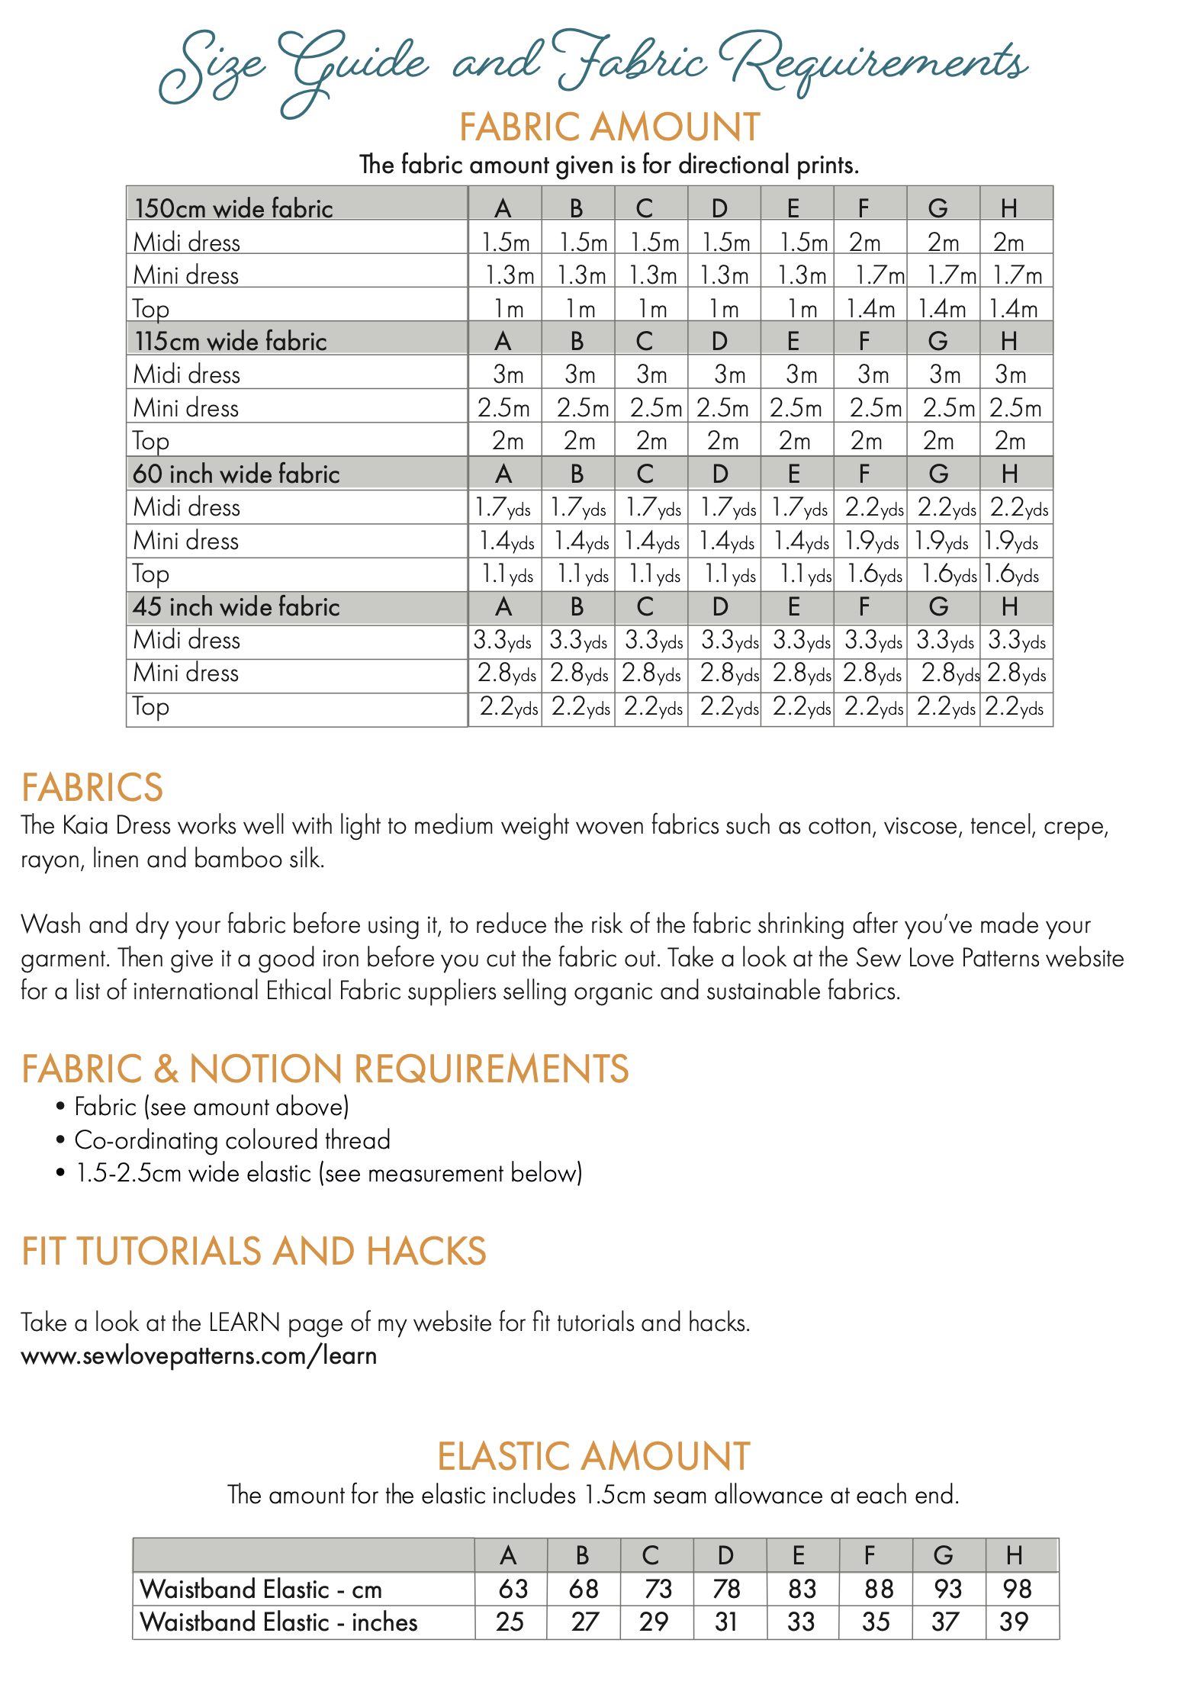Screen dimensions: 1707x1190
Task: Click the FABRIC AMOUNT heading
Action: (x=609, y=127)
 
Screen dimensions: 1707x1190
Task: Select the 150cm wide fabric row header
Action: (x=233, y=208)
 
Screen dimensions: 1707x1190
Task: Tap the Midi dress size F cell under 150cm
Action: (x=865, y=243)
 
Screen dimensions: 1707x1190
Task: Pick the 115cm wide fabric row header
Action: (x=230, y=341)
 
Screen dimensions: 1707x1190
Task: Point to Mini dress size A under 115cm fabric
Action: (x=503, y=408)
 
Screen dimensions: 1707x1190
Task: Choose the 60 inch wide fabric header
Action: (x=236, y=474)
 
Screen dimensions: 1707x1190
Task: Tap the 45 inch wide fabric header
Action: (x=236, y=606)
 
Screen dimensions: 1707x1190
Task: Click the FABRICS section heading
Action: (x=92, y=787)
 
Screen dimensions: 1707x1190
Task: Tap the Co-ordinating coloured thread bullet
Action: (x=232, y=1140)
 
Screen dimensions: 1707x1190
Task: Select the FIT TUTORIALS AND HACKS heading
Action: (x=253, y=1252)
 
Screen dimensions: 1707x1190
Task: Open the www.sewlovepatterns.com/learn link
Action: (x=199, y=1355)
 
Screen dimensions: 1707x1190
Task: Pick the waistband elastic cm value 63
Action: (x=513, y=1589)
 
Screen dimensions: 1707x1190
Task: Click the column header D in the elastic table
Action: (x=725, y=1555)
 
